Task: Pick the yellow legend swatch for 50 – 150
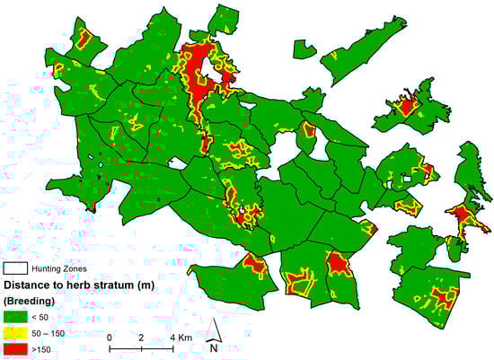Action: coord(15,331)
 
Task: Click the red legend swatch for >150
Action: coord(15,347)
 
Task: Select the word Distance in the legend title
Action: coord(30,284)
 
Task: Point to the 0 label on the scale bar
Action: coord(109,338)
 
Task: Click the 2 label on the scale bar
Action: coord(141,338)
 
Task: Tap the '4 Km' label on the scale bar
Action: coord(180,338)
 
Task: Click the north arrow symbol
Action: coord(215,329)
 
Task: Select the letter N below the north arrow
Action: coord(215,347)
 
